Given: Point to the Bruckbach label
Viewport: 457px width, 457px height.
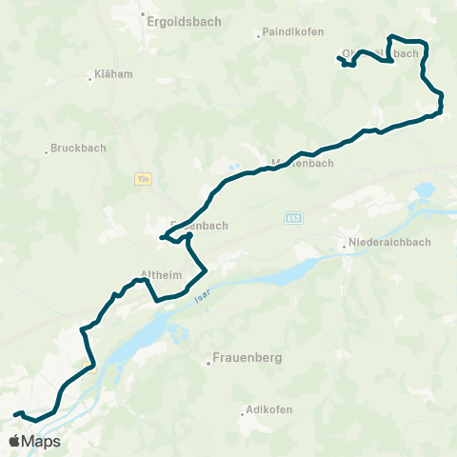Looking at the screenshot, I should pos(77,148).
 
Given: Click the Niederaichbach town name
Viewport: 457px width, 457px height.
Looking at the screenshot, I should pos(389,242).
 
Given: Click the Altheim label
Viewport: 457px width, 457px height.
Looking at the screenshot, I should pos(155,274).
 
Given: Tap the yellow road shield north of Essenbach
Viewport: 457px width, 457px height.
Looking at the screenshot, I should pos(144,177).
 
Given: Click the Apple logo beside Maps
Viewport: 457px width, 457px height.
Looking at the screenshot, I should pos(15,441).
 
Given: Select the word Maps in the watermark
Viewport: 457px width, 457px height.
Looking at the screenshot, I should pos(42,441).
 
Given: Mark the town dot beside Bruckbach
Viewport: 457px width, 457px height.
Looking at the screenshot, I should pos(46,150).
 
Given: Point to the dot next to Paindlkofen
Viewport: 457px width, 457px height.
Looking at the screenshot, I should pos(260,37).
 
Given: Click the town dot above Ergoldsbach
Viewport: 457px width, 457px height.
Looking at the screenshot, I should pos(142,14).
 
